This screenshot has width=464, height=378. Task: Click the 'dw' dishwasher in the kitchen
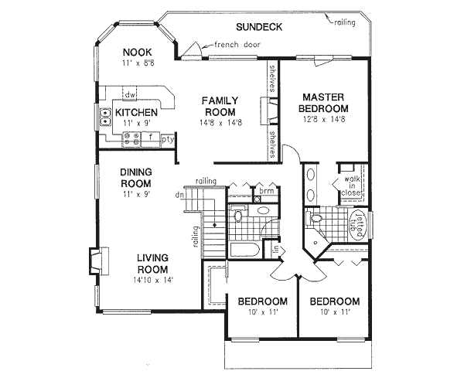click(x=131, y=95)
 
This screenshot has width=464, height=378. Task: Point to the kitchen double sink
click(x=104, y=117)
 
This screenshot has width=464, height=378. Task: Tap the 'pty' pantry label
click(x=167, y=140)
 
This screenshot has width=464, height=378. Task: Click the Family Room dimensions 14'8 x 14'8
click(x=220, y=122)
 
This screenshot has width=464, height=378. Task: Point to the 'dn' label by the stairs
click(x=180, y=196)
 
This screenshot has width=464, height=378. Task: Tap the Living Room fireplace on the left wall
click(x=93, y=261)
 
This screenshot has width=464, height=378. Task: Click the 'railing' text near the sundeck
click(x=344, y=22)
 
